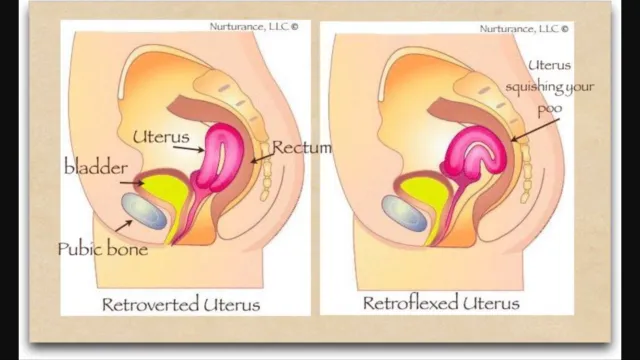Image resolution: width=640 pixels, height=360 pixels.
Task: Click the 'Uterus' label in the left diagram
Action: tap(161, 137)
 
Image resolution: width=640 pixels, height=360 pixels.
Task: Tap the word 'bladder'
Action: tap(96, 167)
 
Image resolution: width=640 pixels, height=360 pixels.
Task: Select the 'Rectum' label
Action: tap(302, 147)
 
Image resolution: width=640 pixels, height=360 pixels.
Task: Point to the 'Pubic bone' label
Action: tap(102, 249)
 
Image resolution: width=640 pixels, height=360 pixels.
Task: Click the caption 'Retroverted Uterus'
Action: tap(181, 304)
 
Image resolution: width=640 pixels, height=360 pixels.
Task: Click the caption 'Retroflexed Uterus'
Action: tap(441, 303)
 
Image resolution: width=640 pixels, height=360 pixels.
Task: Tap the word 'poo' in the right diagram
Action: tap(549, 109)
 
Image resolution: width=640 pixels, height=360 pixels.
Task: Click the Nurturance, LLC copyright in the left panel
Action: tap(254, 27)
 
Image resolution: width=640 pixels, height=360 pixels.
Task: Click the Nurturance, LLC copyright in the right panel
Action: tap(524, 29)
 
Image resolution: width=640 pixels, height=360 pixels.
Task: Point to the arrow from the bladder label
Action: tap(132, 183)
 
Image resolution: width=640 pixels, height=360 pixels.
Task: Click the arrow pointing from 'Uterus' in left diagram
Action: tap(188, 149)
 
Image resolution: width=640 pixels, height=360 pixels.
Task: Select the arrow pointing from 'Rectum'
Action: tap(262, 158)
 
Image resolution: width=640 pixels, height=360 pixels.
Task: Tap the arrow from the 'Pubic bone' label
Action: tap(124, 226)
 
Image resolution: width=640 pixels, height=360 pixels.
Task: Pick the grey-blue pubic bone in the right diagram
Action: tap(404, 213)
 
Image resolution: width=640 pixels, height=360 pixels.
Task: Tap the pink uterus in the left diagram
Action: tap(220, 159)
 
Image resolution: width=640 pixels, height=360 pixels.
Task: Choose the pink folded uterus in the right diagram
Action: tap(476, 153)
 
